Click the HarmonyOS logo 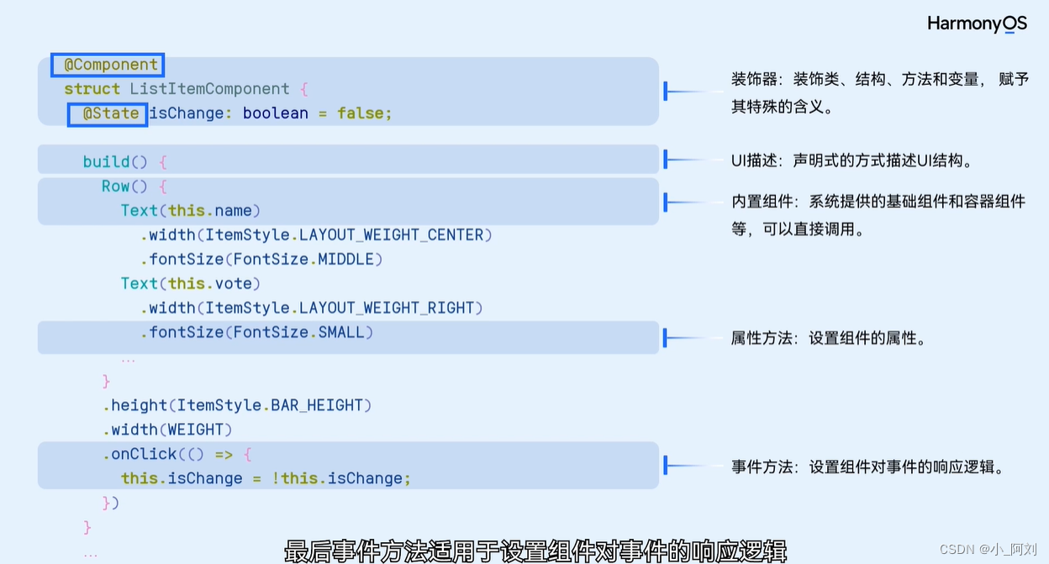(977, 24)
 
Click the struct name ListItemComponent (209, 89)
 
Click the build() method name (106, 162)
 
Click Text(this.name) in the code (191, 211)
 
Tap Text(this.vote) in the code (191, 284)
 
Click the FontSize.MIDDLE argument (308, 260)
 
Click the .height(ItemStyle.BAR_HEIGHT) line (237, 406)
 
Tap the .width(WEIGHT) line (167, 430)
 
